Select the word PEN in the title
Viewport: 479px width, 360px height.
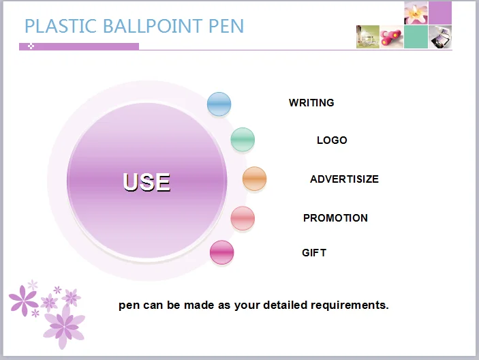(226, 26)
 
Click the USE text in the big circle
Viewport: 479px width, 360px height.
(146, 182)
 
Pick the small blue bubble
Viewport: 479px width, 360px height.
(219, 104)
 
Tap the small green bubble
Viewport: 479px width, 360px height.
(243, 140)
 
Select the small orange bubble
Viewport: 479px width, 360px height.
(254, 179)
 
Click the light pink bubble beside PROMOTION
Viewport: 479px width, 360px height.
(243, 218)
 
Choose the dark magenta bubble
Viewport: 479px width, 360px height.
(221, 252)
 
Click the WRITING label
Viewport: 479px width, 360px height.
(311, 103)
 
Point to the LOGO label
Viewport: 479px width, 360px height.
(332, 140)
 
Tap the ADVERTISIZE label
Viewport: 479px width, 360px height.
(344, 179)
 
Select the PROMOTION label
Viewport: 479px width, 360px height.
(335, 218)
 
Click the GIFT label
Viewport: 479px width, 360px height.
(314, 253)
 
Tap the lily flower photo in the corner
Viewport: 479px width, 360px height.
(416, 13)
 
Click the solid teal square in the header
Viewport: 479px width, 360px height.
(416, 37)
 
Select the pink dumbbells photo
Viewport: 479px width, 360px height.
(392, 37)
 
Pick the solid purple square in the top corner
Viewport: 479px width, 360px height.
(440, 13)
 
